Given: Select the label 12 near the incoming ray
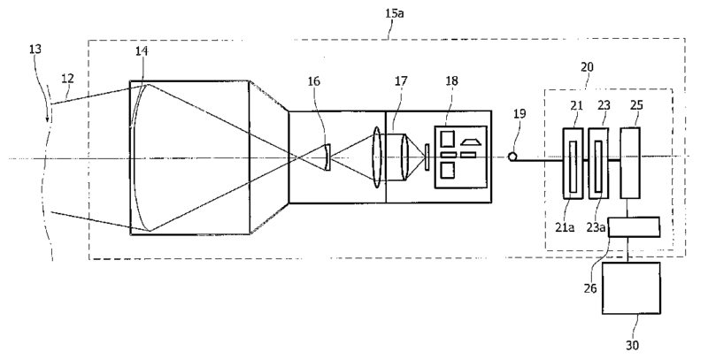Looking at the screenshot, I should pyautogui.click(x=66, y=80).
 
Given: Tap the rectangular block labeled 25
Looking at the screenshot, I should pyautogui.click(x=631, y=163).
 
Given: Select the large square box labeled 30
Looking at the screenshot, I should pyautogui.click(x=631, y=287).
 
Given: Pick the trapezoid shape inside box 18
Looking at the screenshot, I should pyautogui.click(x=470, y=140).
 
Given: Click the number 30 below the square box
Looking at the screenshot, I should pyautogui.click(x=630, y=343).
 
